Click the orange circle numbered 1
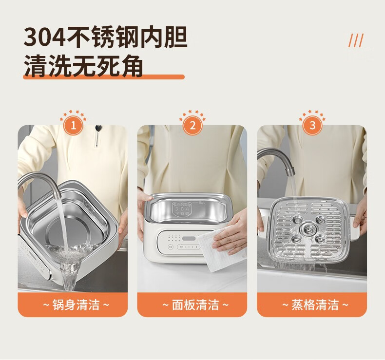[x=74, y=126]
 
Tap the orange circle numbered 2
[x=193, y=125]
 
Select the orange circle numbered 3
[x=312, y=125]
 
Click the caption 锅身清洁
[x=76, y=305]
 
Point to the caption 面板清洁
[x=195, y=305]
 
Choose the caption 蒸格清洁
[x=315, y=305]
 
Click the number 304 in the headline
[x=44, y=38]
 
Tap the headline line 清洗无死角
[x=83, y=66]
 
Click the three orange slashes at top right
[x=356, y=40]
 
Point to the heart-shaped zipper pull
[x=98, y=128]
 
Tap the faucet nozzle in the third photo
[x=290, y=171]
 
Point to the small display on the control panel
[x=189, y=238]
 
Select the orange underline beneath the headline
[x=104, y=77]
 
